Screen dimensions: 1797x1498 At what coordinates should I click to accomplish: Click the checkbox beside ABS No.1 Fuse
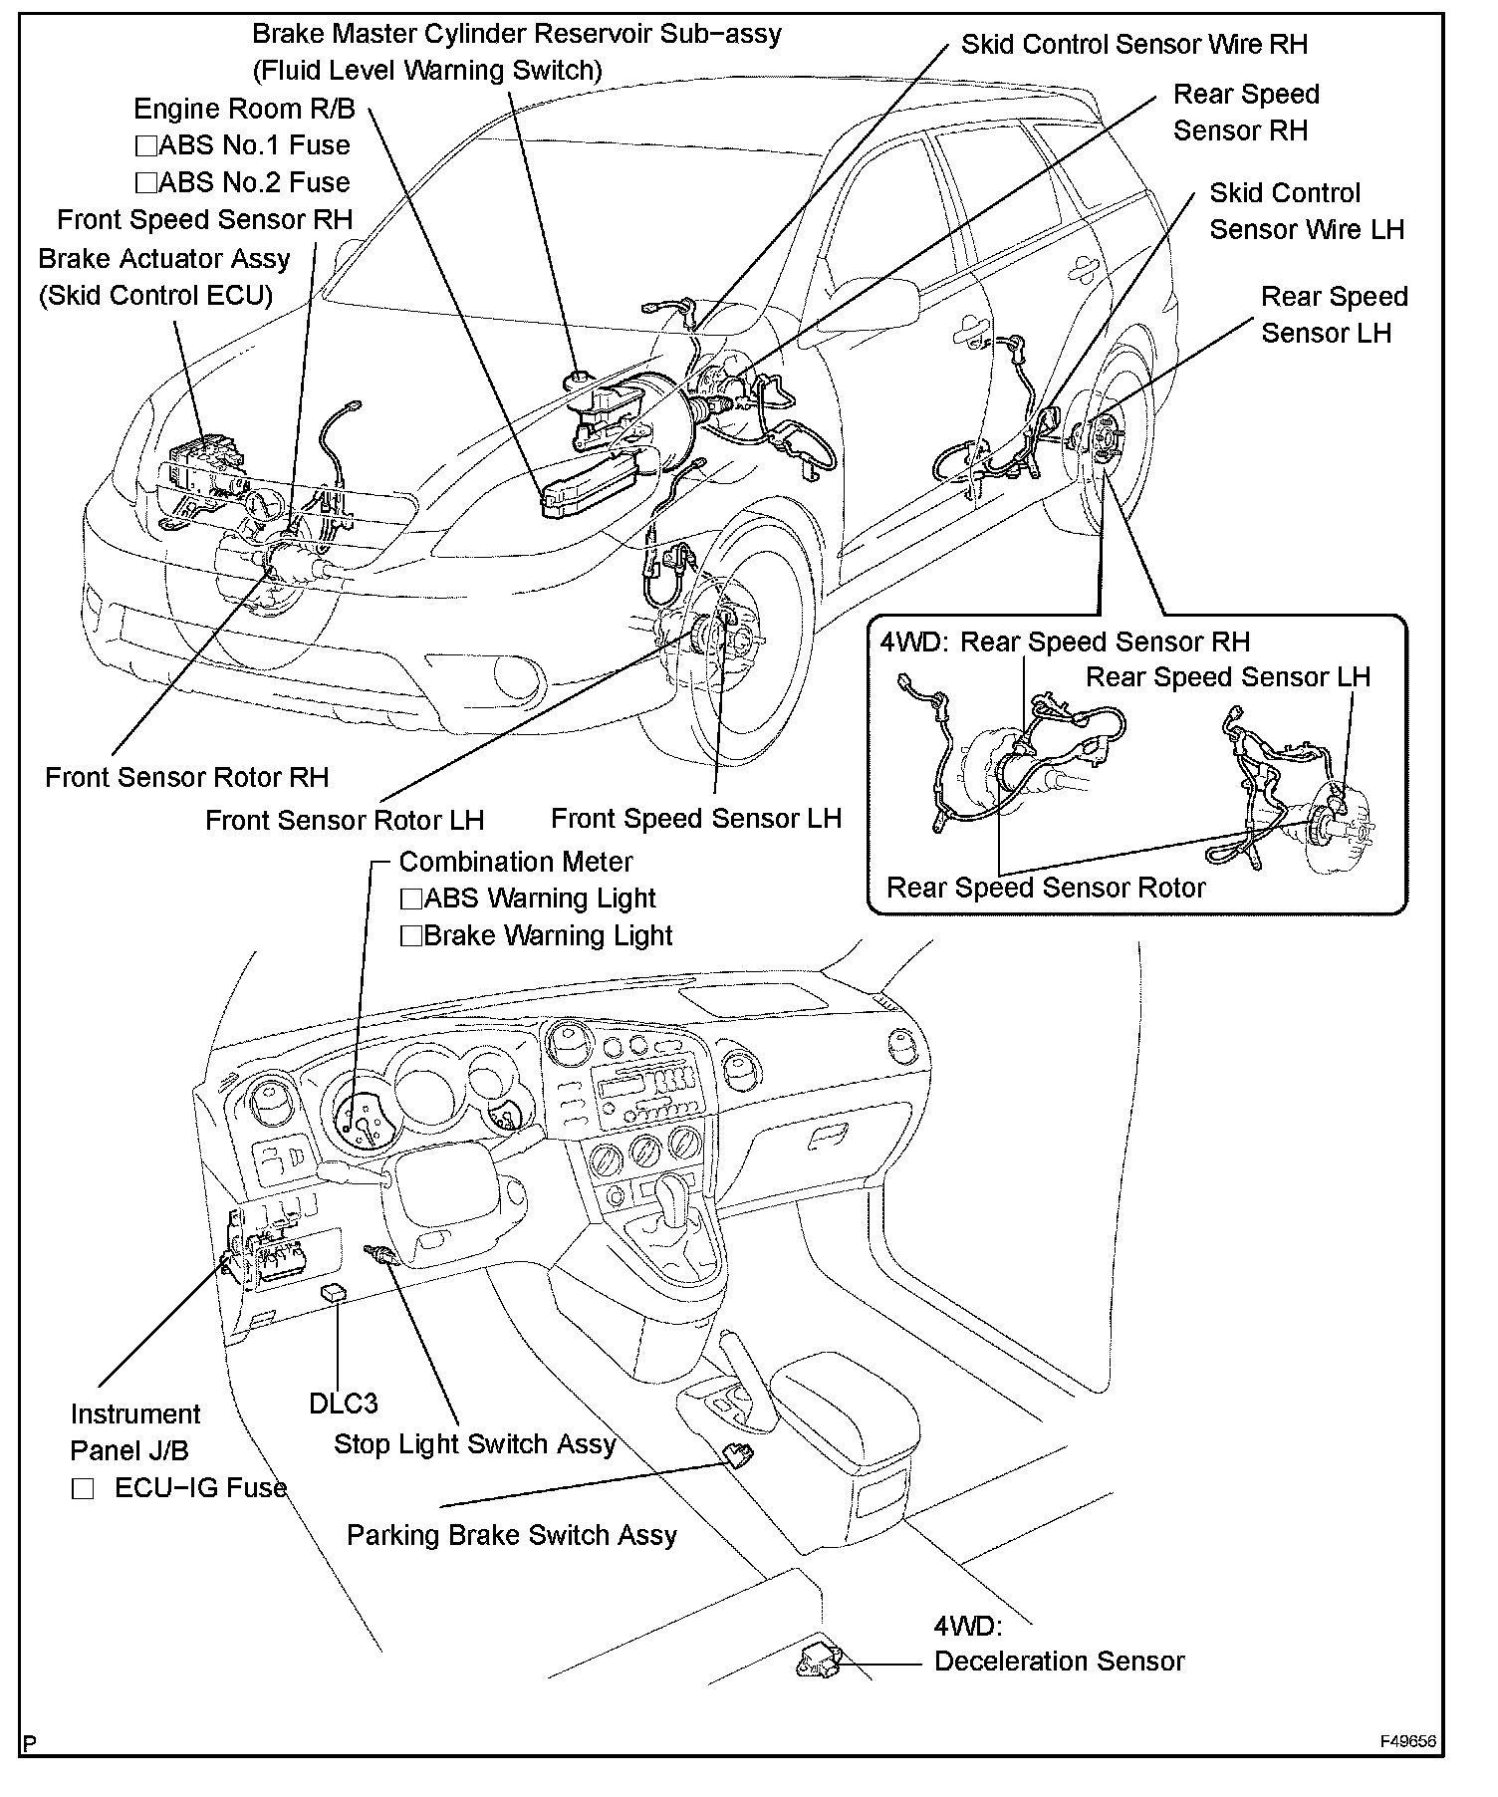(x=145, y=146)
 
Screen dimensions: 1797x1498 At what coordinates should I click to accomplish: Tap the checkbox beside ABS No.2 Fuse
(x=145, y=183)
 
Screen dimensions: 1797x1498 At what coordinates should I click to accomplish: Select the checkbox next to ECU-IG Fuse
(x=83, y=1489)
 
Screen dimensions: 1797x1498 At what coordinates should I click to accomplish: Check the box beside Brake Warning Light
(x=410, y=936)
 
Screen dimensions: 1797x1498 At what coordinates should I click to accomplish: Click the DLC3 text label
(x=344, y=1404)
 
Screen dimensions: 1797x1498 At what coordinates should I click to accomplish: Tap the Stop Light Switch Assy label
(x=474, y=1444)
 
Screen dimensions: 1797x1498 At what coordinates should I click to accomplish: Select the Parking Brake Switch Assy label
(x=511, y=1535)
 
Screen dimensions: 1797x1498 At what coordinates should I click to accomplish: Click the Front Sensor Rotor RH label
(x=186, y=778)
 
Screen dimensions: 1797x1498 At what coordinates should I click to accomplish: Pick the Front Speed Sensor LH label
(x=695, y=819)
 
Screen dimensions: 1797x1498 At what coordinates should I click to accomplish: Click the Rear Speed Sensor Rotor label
(x=1046, y=888)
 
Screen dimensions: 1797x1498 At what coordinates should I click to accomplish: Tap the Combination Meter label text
(x=515, y=862)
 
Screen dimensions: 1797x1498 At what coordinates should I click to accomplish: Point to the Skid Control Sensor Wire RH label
(x=1133, y=44)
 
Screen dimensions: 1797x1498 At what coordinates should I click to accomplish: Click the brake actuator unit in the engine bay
(x=207, y=466)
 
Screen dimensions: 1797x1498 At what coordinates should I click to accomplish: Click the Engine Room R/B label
(x=244, y=109)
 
